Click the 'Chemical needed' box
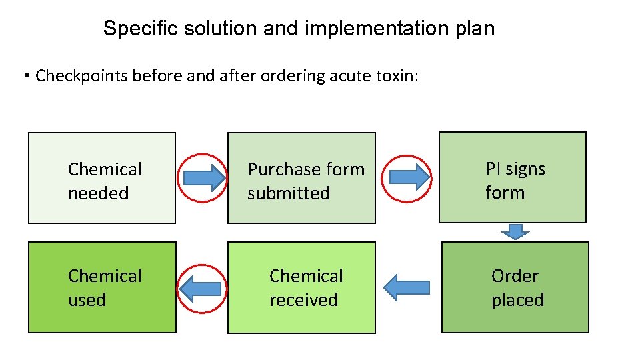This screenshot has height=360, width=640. coord(101,178)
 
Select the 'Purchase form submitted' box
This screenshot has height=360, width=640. coord(301,178)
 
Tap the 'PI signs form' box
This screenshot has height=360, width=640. coord(512,177)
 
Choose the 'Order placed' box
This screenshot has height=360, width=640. coord(515,287)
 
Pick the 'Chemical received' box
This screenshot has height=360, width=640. coord(301,288)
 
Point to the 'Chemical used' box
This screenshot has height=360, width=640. coord(102,288)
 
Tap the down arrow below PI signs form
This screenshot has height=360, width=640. coord(515,231)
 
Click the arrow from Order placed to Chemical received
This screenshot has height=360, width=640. coord(407,287)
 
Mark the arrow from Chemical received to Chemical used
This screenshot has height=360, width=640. coord(202,288)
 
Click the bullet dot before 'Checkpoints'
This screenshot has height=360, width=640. coord(26,76)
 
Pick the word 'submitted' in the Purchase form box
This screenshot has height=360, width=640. coord(289,193)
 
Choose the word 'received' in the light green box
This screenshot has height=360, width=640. coord(303,300)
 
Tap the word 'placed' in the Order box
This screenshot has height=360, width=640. coord(517,300)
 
